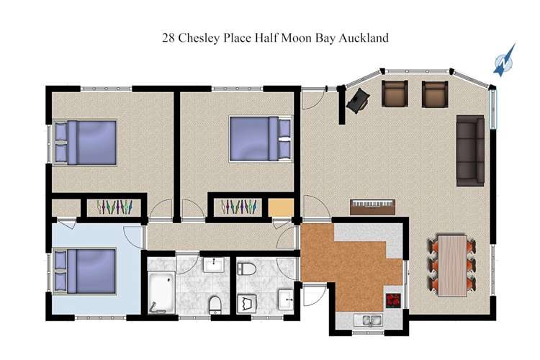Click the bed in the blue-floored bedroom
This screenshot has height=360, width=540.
[86, 271]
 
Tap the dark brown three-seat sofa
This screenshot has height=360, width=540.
[470, 149]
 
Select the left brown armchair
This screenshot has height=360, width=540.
[394, 94]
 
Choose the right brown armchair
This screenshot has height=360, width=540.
[434, 94]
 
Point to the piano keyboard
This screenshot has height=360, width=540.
[373, 207]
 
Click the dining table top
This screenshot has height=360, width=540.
[453, 265]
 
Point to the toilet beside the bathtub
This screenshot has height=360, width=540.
[215, 304]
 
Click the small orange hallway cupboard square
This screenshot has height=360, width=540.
[281, 207]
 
